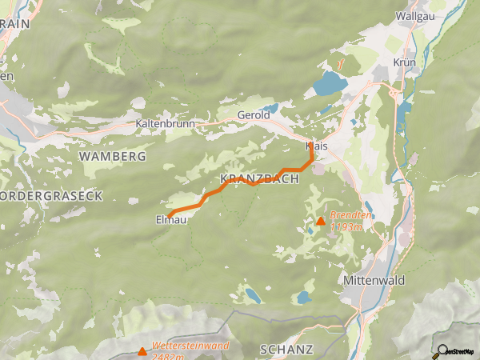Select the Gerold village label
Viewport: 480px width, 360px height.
coord(252,116)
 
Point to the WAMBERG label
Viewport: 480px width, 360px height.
coord(113,156)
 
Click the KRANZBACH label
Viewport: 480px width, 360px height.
coord(258,179)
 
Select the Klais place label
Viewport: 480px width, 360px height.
coord(318,146)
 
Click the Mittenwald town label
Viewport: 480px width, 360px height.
coord(374,281)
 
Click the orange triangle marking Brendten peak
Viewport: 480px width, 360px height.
coord(321,222)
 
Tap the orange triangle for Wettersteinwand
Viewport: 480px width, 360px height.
coord(142,350)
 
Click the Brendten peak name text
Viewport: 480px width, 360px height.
coord(351,216)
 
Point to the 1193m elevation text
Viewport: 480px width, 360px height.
coord(346,227)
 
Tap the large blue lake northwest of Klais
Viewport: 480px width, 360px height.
coord(328,83)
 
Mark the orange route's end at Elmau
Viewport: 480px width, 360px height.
coord(170,213)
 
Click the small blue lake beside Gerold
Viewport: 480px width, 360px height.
coord(270,108)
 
